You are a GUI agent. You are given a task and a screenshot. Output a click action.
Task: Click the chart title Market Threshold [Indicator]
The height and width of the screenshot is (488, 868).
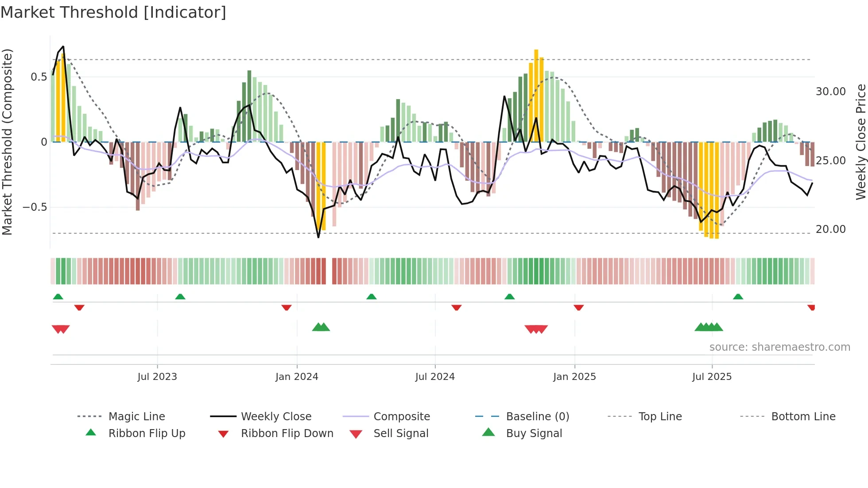(113, 12)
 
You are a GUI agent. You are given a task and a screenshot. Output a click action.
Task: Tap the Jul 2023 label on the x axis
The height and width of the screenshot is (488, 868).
(157, 377)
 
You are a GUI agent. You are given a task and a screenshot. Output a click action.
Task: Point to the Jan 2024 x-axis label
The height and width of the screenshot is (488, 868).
(297, 377)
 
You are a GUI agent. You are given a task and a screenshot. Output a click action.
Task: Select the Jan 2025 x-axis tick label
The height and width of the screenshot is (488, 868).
(574, 377)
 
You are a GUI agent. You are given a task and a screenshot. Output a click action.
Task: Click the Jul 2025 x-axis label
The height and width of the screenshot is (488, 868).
(712, 377)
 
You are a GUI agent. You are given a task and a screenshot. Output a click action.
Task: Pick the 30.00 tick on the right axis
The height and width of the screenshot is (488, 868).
(830, 92)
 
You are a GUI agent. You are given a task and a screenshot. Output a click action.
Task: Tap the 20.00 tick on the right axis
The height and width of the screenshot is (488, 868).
(830, 229)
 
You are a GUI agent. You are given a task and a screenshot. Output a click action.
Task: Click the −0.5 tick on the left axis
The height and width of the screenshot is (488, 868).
(35, 207)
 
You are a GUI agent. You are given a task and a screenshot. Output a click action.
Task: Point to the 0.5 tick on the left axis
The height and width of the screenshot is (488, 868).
(39, 77)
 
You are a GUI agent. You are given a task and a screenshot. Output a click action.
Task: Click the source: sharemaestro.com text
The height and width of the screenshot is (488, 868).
(779, 347)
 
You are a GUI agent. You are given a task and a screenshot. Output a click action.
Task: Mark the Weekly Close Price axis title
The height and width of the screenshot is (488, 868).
(860, 142)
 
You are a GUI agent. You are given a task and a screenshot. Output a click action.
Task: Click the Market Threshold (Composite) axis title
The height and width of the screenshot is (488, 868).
(7, 142)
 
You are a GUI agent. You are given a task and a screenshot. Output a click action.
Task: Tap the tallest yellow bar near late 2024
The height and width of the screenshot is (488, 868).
(536, 95)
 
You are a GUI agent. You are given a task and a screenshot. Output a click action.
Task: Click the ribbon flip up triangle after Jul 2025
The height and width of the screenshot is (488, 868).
(738, 297)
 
